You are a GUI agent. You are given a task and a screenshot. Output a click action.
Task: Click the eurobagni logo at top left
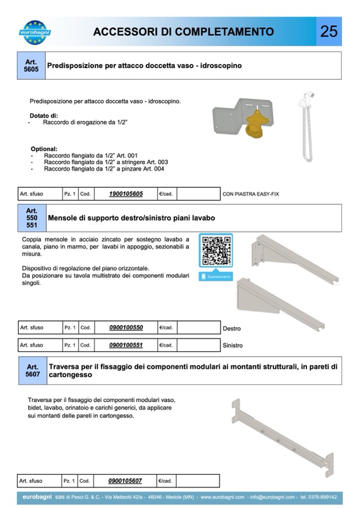point(37,31)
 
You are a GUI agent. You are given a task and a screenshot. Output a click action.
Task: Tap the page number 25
point(329,31)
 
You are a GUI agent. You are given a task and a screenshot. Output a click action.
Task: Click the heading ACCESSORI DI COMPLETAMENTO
point(184,32)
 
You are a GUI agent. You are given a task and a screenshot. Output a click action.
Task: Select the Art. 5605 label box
point(31,66)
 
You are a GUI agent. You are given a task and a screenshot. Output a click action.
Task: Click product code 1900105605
point(126,194)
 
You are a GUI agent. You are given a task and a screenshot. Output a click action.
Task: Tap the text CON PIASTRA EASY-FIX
point(251,194)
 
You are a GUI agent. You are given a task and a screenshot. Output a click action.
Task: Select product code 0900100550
point(126,327)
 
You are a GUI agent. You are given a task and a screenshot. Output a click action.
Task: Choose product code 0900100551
point(126,345)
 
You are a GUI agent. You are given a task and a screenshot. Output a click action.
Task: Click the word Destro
point(232,329)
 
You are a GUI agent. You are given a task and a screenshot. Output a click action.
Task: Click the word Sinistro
point(233,346)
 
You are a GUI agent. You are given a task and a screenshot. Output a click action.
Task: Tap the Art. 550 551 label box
point(32,218)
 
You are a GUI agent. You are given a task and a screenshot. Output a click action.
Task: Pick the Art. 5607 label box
point(32,370)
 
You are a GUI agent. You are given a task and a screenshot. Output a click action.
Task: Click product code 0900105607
point(125,481)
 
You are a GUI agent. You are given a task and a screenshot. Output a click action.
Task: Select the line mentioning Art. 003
point(106,162)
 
